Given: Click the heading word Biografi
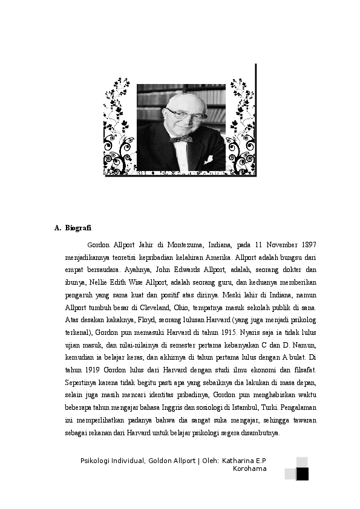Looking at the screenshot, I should (78, 228).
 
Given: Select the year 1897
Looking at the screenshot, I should (307, 245).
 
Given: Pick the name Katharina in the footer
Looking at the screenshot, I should (238, 461).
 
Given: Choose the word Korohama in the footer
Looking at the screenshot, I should (250, 468).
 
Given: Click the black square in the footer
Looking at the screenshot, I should (303, 474).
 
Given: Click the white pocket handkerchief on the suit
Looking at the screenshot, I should (209, 160).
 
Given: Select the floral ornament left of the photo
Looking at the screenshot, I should (119, 127).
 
